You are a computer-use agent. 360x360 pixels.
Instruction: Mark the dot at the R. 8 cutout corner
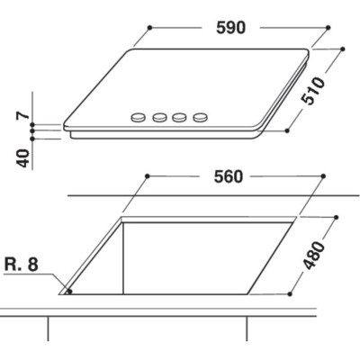click(x=68, y=292)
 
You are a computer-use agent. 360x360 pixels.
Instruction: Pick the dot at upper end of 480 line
click(x=336, y=216)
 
